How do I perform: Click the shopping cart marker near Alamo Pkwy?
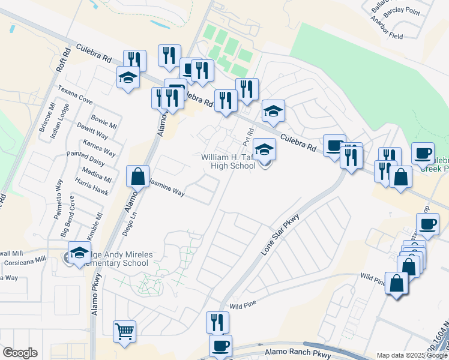click(x=124, y=331)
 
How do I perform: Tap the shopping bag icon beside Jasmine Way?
click(x=137, y=176)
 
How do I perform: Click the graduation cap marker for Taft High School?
click(x=264, y=149)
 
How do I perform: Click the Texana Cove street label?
click(x=75, y=95)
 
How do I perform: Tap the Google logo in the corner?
click(x=20, y=353)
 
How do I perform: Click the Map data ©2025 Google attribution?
click(x=412, y=355)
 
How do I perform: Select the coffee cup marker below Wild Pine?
click(x=220, y=346)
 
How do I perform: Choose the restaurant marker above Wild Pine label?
click(x=217, y=322)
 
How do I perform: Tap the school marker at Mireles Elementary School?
click(x=79, y=254)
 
